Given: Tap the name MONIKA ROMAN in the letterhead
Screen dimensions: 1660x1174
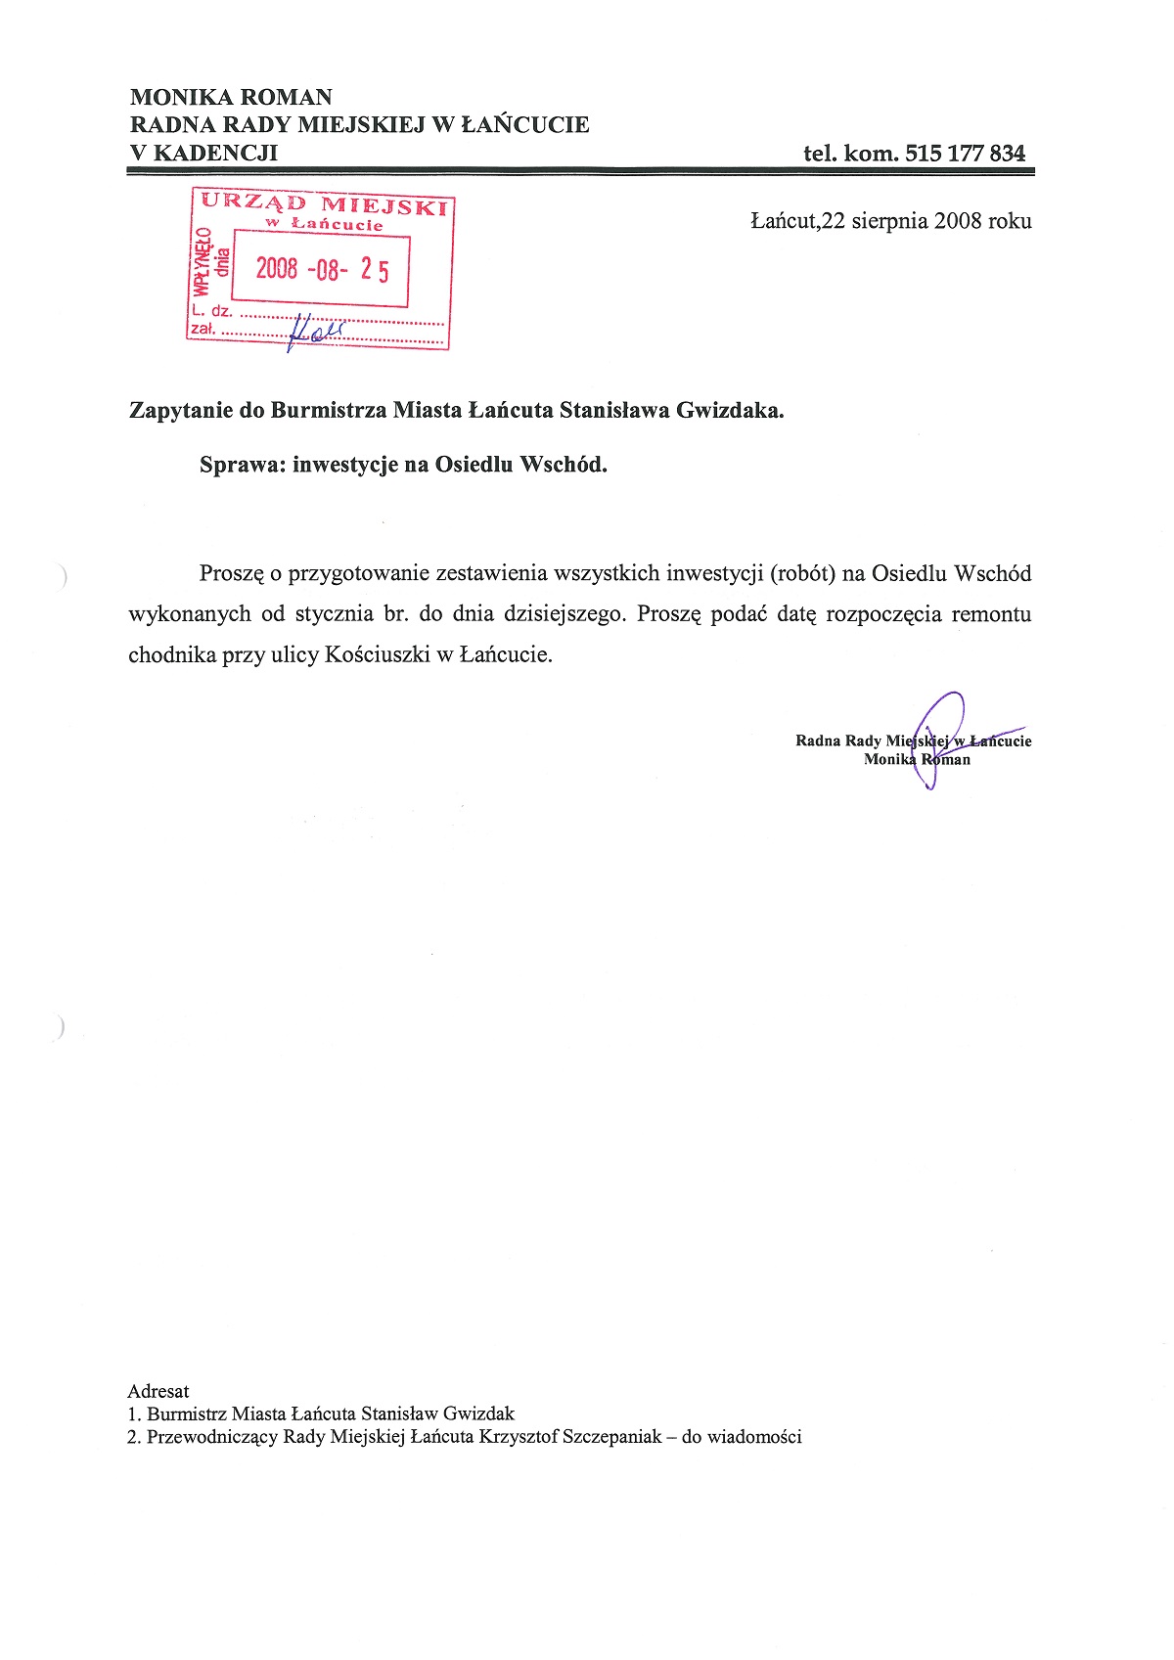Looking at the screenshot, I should click(x=231, y=97).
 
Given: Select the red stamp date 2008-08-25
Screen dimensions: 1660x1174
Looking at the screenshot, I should click(x=322, y=269).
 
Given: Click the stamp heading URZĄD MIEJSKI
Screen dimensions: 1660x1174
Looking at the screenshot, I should click(x=324, y=204).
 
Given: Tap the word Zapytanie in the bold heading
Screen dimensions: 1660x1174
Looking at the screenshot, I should click(x=181, y=410).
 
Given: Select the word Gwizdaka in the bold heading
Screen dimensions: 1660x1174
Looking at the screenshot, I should click(x=729, y=410).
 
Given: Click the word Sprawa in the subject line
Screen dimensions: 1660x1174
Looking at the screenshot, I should click(x=242, y=465).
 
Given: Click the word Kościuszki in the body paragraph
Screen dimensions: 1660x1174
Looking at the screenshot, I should click(x=377, y=655).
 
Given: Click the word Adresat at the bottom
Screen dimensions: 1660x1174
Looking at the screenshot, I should click(x=158, y=1391).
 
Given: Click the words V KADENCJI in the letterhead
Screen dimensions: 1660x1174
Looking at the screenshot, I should click(x=203, y=153).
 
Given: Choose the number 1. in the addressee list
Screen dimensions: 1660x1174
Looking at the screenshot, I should click(x=134, y=1414).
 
